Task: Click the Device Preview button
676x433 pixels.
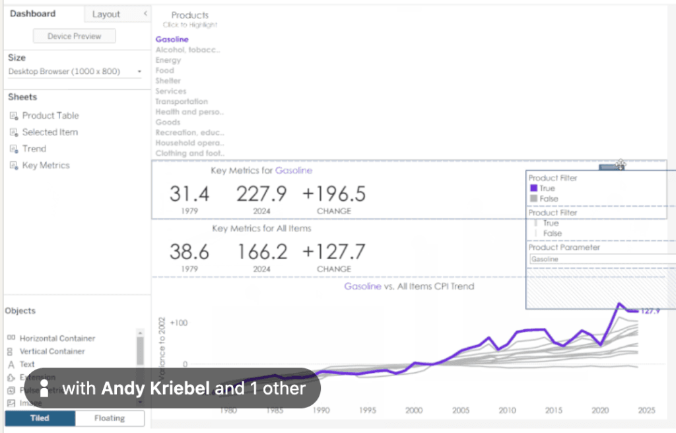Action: [x=74, y=36]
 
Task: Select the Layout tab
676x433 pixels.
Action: [x=106, y=14]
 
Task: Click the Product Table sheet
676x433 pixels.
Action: [x=50, y=116]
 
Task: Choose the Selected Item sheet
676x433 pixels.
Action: [x=50, y=132]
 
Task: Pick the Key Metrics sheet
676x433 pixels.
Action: [x=46, y=165]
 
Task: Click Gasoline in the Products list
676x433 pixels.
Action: [x=172, y=40]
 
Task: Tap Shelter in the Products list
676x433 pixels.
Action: [x=168, y=81]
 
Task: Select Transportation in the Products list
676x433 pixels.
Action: [x=182, y=102]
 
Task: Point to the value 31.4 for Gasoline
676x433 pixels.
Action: [x=189, y=194]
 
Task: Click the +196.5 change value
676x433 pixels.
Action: [x=334, y=194]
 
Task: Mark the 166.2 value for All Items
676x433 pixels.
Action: [x=261, y=251]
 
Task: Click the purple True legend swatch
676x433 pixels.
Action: [x=533, y=188]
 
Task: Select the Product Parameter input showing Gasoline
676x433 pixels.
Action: [x=601, y=259]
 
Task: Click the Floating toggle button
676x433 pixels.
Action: [x=110, y=418]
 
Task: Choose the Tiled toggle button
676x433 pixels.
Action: [x=40, y=418]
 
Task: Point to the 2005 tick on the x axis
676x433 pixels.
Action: [x=461, y=411]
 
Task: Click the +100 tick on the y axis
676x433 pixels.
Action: [x=179, y=323]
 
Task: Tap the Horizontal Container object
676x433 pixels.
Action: [x=57, y=338]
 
